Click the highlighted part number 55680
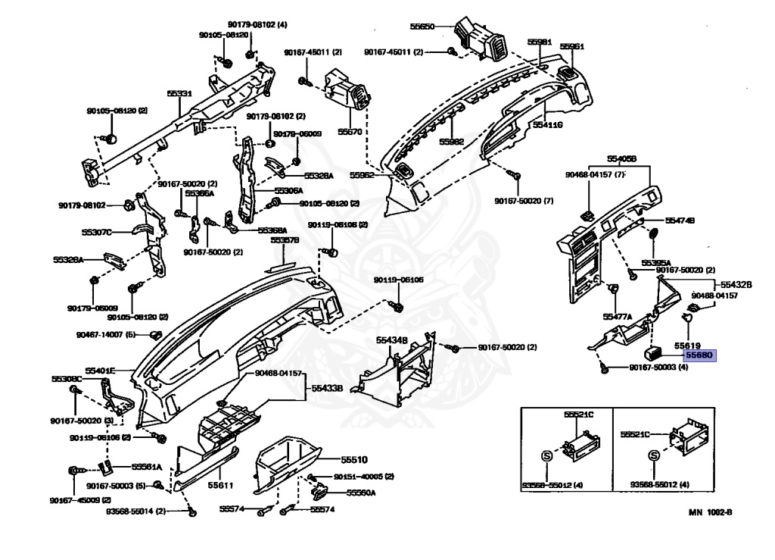click(699, 354)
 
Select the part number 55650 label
click(422, 26)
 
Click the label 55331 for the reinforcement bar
click(179, 93)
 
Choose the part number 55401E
click(100, 370)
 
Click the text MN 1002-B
click(709, 512)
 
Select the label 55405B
click(621, 159)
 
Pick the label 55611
click(220, 484)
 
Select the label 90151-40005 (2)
click(364, 476)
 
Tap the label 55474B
click(680, 220)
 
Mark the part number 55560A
click(361, 492)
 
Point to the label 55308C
click(67, 378)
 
